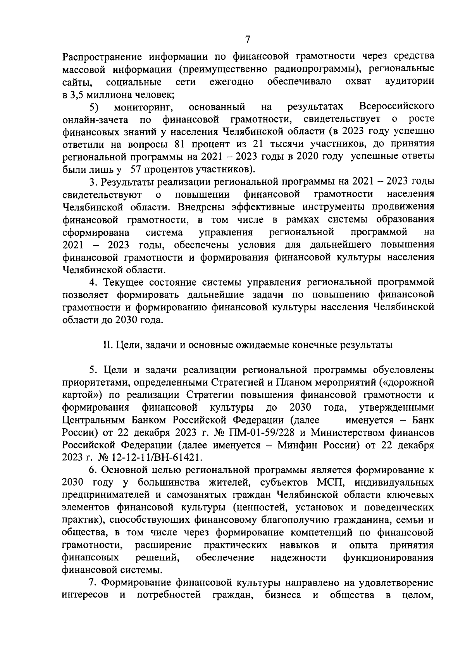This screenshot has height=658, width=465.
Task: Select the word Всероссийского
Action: pyautogui.click(x=396, y=107)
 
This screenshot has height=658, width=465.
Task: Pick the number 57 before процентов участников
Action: pyautogui.click(x=138, y=169)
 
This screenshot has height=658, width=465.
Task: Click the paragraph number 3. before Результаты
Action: pyautogui.click(x=93, y=182)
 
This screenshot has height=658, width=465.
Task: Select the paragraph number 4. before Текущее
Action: pyautogui.click(x=93, y=282)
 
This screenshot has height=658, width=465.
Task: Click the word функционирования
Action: pyautogui.click(x=388, y=558)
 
